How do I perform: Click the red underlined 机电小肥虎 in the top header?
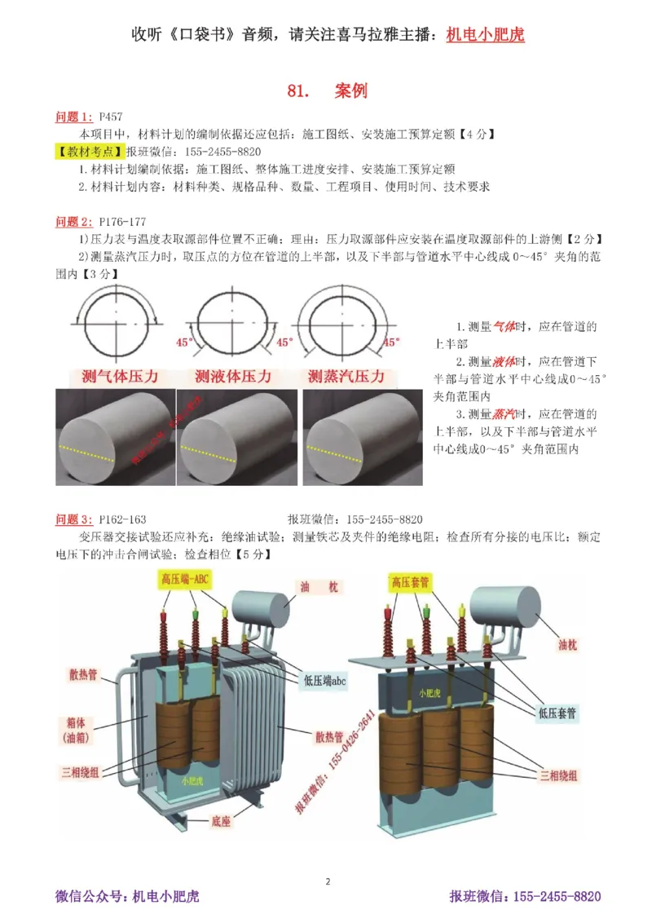486,35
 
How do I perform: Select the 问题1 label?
73,117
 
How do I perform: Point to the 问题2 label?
73,221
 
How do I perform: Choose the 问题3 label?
73,519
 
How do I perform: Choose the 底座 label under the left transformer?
220,821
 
